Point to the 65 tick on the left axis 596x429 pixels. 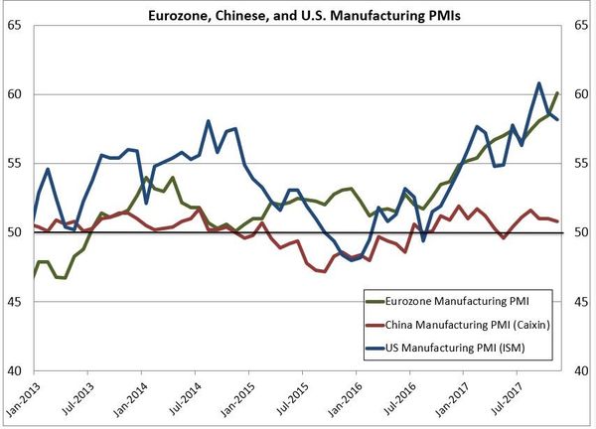point(18,25)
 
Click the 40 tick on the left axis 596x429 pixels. point(18,370)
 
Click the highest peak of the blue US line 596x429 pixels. point(538,83)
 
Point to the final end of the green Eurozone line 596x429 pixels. point(557,92)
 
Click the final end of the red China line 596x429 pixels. point(557,221)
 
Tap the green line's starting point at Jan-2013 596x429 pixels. point(35,277)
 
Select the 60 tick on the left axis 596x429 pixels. point(18,94)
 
